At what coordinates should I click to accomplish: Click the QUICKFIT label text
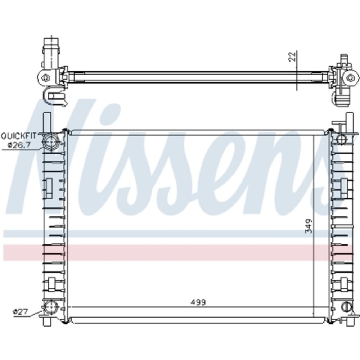(19, 136)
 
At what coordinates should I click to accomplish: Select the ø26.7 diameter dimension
(19, 145)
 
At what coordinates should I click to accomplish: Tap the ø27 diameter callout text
(21, 311)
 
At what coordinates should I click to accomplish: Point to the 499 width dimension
(198, 302)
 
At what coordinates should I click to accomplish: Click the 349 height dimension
(309, 226)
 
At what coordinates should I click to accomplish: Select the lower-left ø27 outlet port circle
(51, 307)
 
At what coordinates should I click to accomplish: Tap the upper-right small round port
(342, 139)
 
